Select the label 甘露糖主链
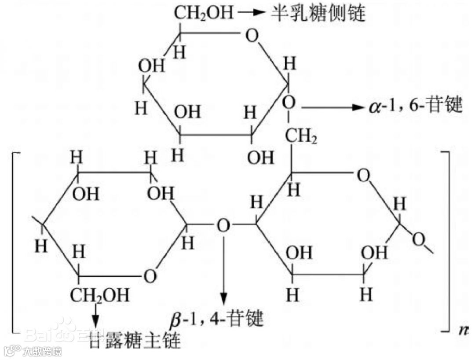pyautogui.click(x=135, y=340)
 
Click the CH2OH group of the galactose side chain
pyautogui.click(x=203, y=13)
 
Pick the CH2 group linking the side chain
pyautogui.click(x=301, y=138)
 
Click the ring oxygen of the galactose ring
pyautogui.click(x=252, y=35)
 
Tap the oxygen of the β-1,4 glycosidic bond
pyautogui.click(x=223, y=226)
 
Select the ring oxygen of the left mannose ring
pyautogui.click(x=150, y=276)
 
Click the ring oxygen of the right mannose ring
pyautogui.click(x=363, y=176)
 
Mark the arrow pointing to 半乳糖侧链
pyautogui.click(x=251, y=13)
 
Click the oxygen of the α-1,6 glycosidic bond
pyautogui.click(x=289, y=103)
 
